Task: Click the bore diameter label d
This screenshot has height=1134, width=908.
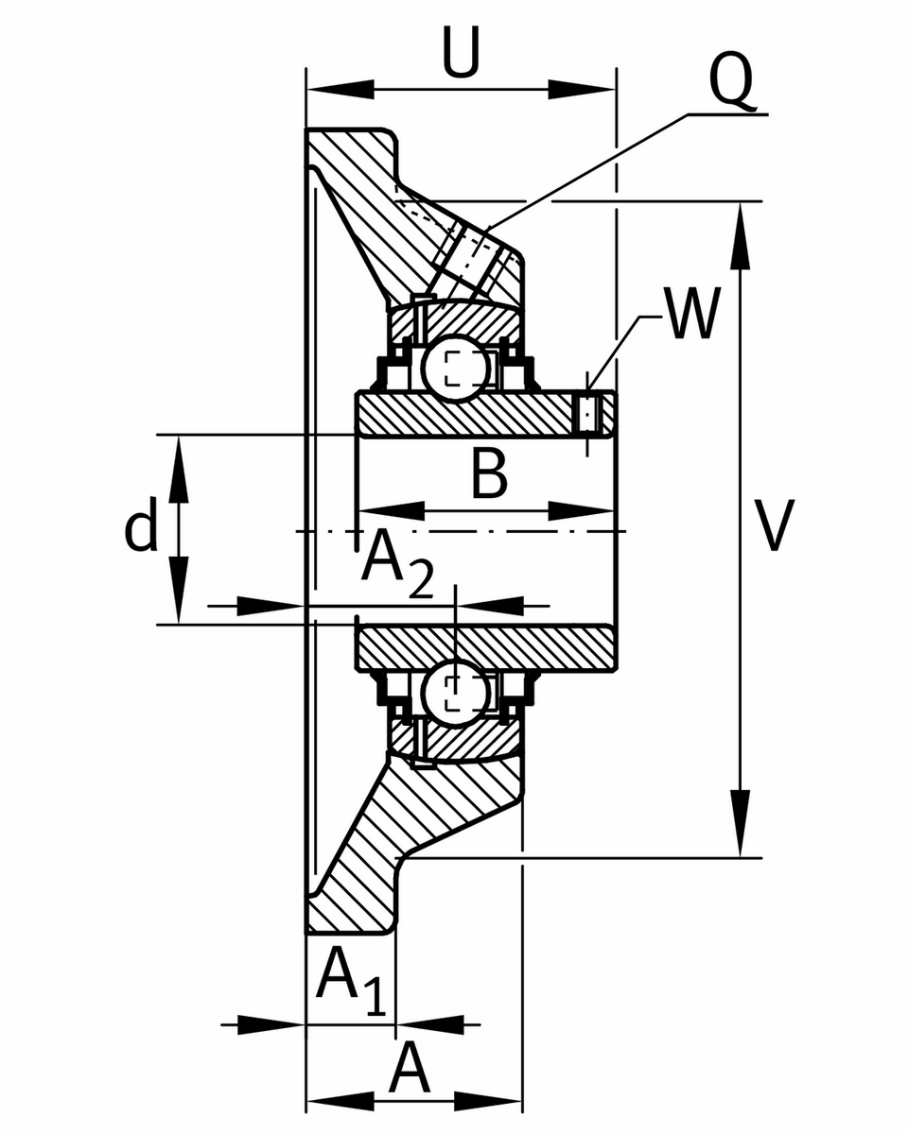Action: (141, 529)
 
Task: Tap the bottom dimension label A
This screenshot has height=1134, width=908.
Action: (410, 1069)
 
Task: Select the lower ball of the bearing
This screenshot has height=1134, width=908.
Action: (456, 693)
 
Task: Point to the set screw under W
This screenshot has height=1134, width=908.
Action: (589, 413)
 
